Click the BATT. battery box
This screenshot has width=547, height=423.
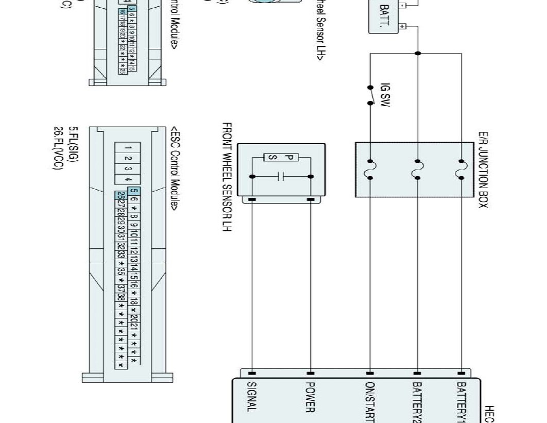385,18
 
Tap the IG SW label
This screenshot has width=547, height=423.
385,96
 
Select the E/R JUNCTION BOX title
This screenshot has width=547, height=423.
483,170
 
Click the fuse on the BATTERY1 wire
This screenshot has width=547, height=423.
461,170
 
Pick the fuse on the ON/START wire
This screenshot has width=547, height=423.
370,170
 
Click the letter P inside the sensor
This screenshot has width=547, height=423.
288,157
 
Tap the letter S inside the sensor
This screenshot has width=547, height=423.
274,157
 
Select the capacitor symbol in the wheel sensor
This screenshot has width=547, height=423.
281,177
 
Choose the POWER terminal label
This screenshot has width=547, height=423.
310,397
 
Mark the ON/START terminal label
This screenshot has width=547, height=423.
369,402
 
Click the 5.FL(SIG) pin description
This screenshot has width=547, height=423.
74,146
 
